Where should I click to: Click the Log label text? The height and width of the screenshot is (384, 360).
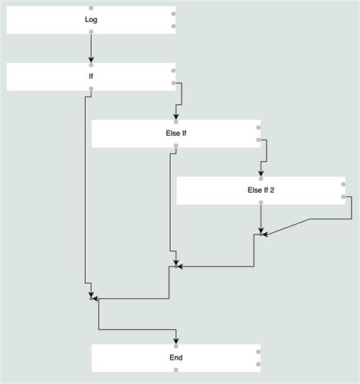tap(91, 20)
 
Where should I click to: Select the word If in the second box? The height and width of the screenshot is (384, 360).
tap(91, 77)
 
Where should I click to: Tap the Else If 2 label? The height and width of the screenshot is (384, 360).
tap(261, 190)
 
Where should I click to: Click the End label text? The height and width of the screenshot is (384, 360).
tap(176, 357)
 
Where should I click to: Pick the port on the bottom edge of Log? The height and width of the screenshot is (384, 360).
tap(91, 33)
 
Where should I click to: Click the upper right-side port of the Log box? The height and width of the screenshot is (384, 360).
tap(174, 14)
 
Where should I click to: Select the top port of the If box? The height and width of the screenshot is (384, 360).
tap(91, 65)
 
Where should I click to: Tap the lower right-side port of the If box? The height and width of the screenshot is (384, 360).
tap(174, 83)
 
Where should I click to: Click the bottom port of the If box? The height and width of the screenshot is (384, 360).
tap(91, 90)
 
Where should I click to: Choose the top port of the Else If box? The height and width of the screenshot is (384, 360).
tap(176, 121)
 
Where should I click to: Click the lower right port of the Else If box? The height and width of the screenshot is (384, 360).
tap(259, 140)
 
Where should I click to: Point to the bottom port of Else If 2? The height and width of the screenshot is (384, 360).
tap(261, 203)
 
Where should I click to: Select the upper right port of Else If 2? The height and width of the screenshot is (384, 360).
tap(343, 184)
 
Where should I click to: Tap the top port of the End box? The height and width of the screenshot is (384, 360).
tap(176, 345)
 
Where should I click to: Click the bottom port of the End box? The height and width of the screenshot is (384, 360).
tap(176, 370)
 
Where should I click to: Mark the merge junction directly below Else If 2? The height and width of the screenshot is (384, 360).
tap(261, 234)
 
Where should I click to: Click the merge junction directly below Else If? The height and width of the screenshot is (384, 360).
tap(176, 266)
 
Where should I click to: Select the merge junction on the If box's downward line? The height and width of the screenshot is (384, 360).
tap(91, 299)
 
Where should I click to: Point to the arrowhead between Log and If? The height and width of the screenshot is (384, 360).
tap(91, 59)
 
